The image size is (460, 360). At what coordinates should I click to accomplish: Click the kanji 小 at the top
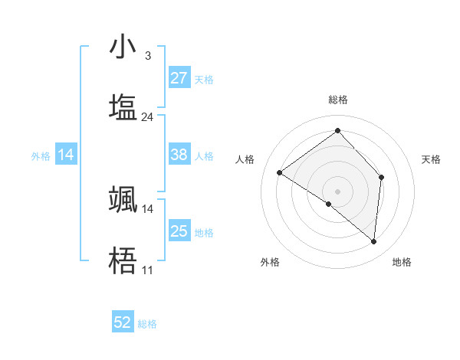tap(123, 47)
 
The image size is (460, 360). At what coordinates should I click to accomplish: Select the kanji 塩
tap(123, 106)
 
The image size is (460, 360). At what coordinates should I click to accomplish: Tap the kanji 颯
tap(123, 198)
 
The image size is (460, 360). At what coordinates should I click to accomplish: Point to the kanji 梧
tap(123, 260)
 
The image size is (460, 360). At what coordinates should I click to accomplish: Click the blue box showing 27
tap(179, 78)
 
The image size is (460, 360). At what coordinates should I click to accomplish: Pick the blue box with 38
tap(179, 155)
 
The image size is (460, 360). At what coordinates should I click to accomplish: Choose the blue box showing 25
tap(179, 231)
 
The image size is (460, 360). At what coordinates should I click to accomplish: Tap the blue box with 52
tap(123, 323)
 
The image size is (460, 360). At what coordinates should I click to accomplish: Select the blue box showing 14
tap(65, 155)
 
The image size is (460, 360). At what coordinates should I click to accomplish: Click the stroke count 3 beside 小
tap(147, 56)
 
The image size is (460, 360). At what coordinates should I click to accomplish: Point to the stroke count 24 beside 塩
tap(147, 117)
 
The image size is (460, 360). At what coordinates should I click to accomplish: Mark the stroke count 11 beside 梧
tap(147, 270)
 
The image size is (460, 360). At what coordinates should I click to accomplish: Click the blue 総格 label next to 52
tap(147, 324)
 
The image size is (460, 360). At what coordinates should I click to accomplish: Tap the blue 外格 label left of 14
tap(41, 155)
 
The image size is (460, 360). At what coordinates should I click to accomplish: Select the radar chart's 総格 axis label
tap(337, 100)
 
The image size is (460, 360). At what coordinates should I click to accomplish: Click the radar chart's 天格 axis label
tap(432, 159)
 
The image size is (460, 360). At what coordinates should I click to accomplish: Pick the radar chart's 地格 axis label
tap(402, 262)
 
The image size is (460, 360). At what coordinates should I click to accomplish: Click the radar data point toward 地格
tap(373, 241)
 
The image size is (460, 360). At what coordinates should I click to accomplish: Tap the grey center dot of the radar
tap(337, 191)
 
